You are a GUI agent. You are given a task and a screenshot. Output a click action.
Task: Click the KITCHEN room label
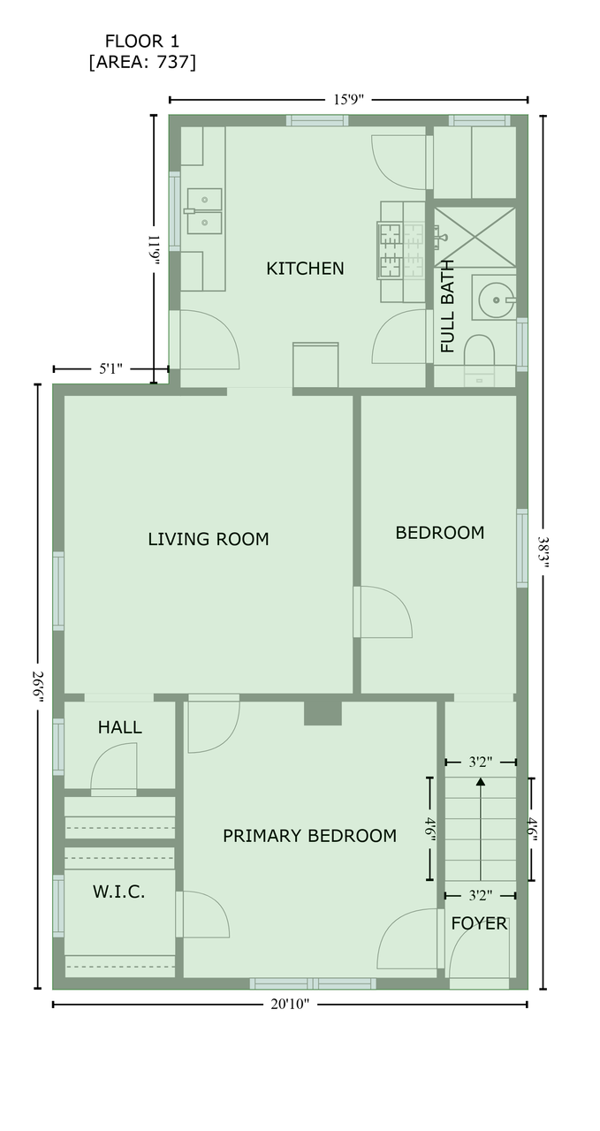coord(305,269)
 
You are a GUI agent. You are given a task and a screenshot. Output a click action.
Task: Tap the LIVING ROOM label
coord(208,539)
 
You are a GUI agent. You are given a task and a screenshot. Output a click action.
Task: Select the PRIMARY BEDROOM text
coord(309,836)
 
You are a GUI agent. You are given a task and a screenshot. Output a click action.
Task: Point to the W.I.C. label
coord(118,892)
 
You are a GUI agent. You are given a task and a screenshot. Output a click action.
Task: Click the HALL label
coord(119,727)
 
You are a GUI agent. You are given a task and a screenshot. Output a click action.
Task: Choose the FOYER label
coord(479,923)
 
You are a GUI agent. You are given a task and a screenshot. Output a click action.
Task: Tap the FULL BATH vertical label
coord(447,306)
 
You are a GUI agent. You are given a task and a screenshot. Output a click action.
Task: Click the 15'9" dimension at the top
coord(348,100)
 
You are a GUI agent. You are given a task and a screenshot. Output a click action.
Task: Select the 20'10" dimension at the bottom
coord(290,1005)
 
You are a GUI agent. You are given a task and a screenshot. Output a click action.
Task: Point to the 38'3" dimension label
coord(543,552)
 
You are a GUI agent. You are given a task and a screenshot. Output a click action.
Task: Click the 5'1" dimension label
coord(110,369)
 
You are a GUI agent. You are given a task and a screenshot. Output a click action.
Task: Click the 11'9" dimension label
coord(155,250)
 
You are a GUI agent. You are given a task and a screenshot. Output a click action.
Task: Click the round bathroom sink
coord(496,300)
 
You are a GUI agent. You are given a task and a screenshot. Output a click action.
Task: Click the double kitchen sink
coord(204,211)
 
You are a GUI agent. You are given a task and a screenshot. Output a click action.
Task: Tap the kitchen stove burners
coord(400,251)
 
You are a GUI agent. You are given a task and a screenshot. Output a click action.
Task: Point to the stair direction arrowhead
coord(481,782)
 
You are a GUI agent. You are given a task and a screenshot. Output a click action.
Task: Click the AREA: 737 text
coord(142,62)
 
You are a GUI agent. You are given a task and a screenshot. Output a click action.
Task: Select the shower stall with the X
coord(475,237)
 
